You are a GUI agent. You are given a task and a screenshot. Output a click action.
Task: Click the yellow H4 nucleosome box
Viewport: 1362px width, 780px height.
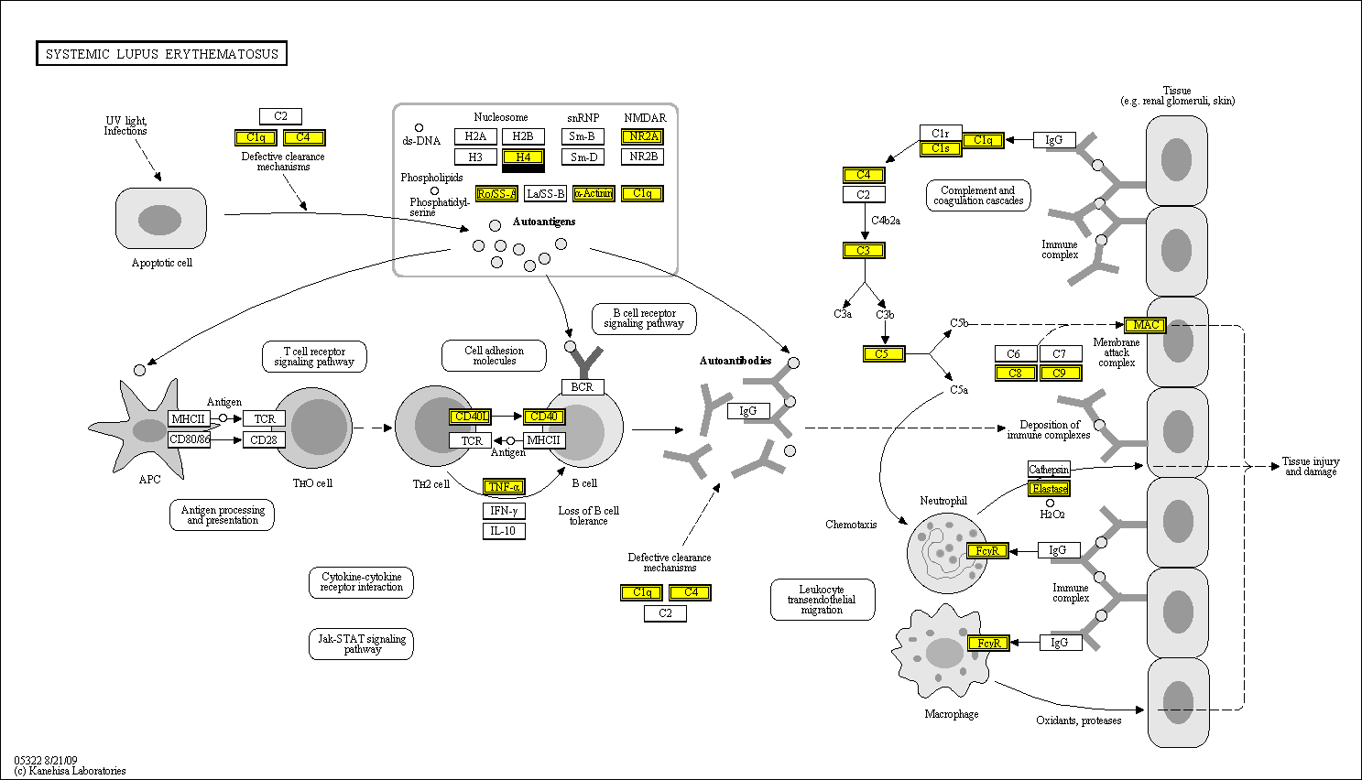click(x=523, y=157)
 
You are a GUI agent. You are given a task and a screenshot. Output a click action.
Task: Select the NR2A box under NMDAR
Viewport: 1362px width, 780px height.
click(x=643, y=136)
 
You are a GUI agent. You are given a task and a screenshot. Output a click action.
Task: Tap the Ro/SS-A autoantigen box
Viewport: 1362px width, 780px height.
click(x=496, y=193)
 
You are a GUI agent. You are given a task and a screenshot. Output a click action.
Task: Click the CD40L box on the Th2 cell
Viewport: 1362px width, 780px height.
click(x=471, y=417)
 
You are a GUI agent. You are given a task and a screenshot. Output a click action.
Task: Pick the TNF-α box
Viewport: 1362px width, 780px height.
click(x=504, y=487)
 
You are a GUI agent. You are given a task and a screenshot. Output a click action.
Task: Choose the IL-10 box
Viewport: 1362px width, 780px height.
click(x=504, y=531)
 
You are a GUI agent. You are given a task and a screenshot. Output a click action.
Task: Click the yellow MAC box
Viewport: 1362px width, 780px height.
click(x=1145, y=325)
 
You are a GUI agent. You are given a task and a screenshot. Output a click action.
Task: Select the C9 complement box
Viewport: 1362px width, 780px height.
click(x=1060, y=373)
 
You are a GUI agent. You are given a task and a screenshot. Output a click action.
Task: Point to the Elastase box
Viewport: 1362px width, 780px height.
click(x=1049, y=489)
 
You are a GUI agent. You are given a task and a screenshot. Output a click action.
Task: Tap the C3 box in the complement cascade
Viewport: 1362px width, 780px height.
click(x=864, y=250)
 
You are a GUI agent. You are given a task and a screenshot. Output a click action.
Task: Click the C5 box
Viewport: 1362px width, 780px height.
click(x=883, y=353)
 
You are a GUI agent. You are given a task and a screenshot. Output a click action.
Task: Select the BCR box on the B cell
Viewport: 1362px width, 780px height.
click(x=583, y=387)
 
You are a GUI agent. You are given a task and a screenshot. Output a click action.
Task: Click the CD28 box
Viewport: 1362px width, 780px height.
click(x=264, y=439)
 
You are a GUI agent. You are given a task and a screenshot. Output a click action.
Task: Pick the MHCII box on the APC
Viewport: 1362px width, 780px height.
click(x=188, y=418)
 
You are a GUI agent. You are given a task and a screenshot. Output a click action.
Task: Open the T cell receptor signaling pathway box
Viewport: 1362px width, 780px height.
click(x=314, y=356)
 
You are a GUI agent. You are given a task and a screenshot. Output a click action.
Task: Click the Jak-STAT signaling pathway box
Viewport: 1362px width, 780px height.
click(x=361, y=644)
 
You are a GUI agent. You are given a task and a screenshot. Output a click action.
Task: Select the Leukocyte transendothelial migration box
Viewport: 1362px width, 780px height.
click(x=822, y=600)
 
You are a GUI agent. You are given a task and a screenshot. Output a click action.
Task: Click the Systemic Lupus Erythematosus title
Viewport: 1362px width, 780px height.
click(x=162, y=54)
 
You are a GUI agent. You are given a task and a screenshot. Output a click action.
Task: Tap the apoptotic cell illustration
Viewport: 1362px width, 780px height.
click(x=160, y=219)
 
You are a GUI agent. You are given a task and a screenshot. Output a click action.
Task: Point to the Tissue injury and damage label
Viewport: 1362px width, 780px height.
click(x=1310, y=466)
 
